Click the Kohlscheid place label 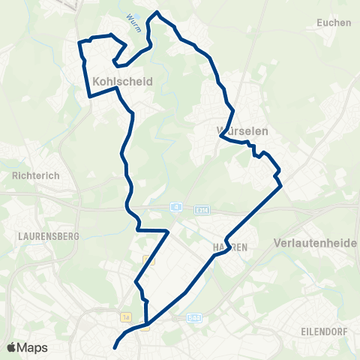[122, 81]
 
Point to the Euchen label [334, 22]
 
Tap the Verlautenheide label [316, 244]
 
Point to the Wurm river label [132, 16]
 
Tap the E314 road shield [201, 210]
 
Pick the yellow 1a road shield [127, 317]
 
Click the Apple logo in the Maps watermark [11, 347]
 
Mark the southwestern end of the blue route [115, 348]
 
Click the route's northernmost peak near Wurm [157, 12]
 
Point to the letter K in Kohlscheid [96, 81]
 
